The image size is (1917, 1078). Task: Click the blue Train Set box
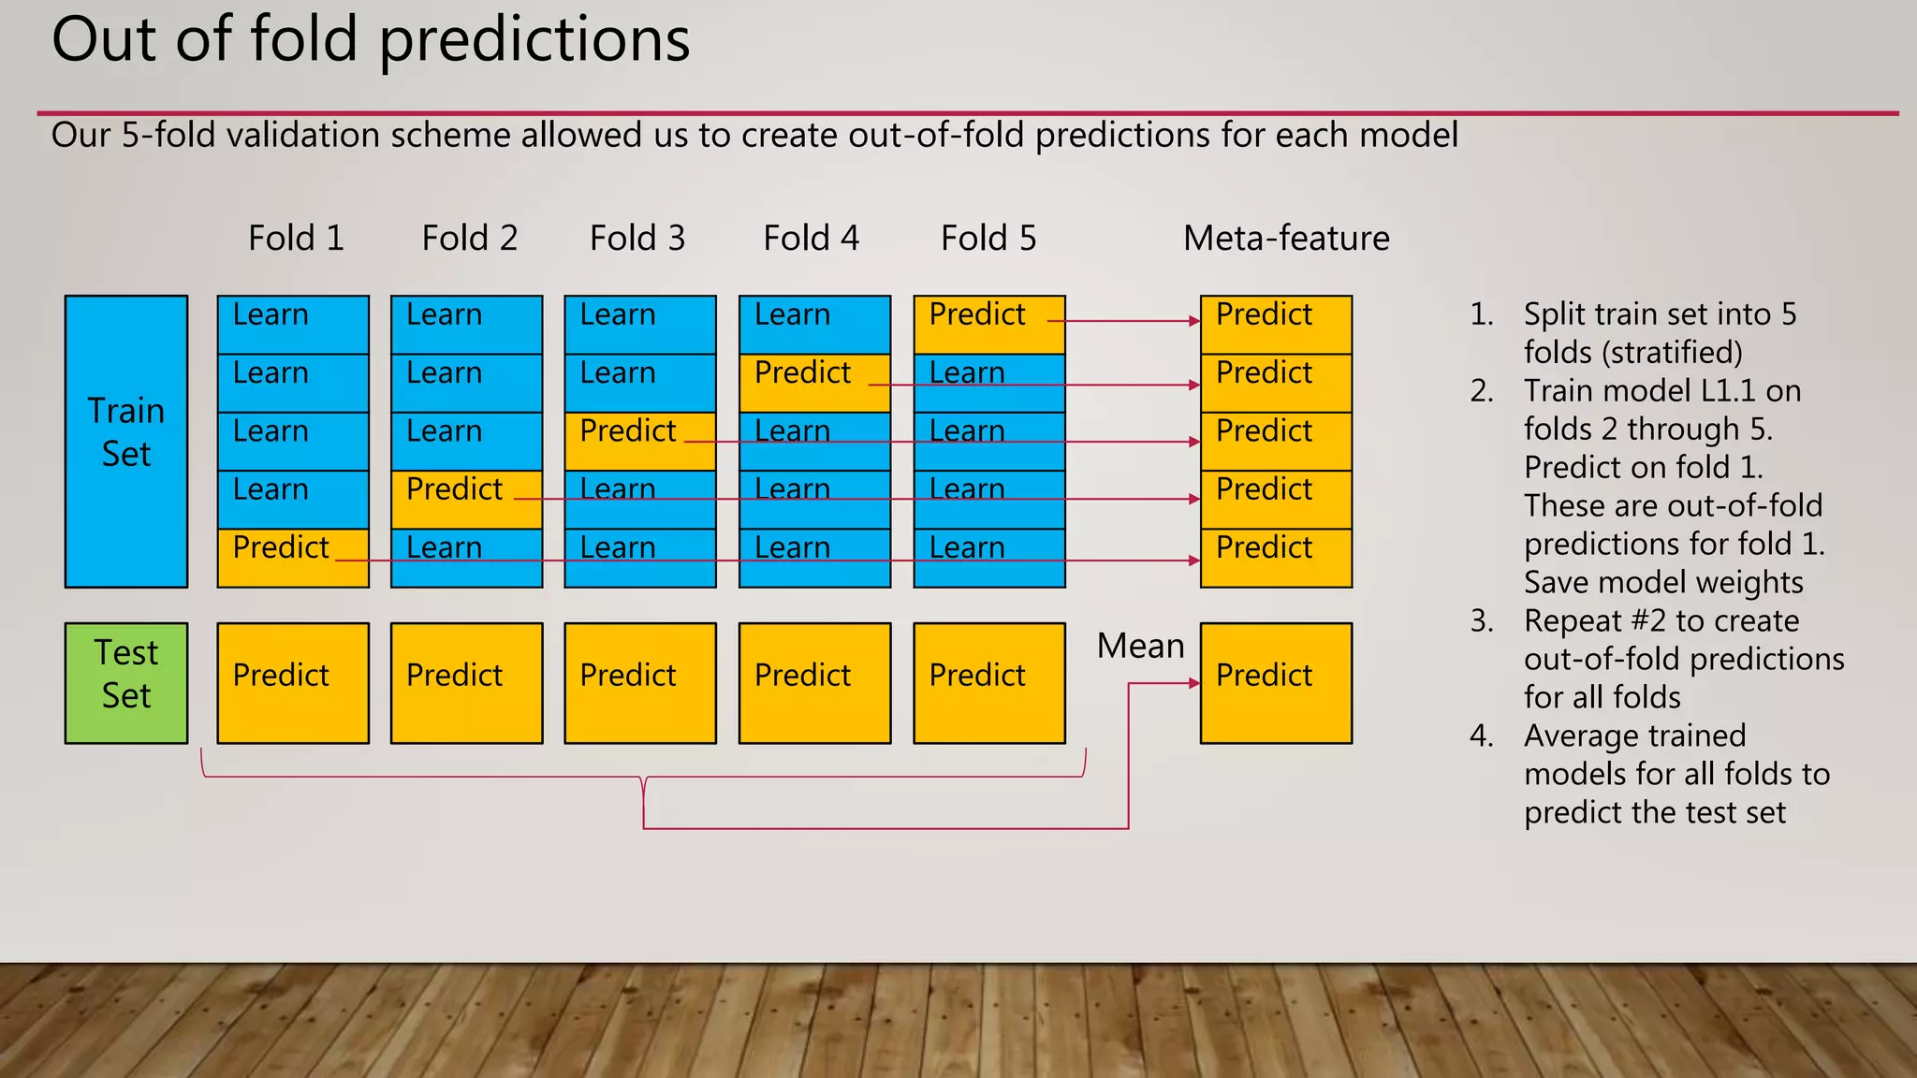126,441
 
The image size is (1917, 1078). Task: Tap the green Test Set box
126,683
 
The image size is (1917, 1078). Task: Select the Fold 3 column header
637,238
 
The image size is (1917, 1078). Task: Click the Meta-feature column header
1285,238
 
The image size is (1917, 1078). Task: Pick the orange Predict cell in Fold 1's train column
293,558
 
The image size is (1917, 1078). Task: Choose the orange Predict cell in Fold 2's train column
466,499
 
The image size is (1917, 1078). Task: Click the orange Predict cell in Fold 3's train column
640,441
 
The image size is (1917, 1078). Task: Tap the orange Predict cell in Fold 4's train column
814,383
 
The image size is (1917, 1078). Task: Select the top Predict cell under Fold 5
988,324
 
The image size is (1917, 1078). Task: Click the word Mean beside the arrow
1140,646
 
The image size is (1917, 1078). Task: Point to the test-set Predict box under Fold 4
814,683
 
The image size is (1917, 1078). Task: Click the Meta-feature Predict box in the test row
1276,683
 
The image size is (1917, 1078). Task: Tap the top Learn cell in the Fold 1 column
293,324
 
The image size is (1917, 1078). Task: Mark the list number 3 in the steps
1481,620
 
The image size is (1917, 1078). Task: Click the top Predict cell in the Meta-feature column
1276,324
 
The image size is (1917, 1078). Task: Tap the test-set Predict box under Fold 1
293,683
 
